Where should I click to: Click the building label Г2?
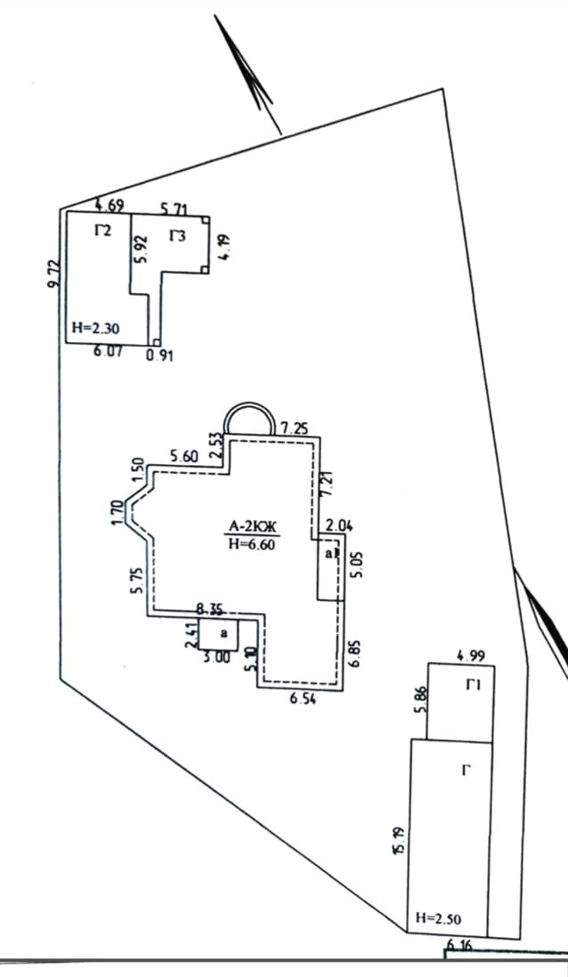point(102,232)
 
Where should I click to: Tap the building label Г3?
point(178,236)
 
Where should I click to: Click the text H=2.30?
point(95,329)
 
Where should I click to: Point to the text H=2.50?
point(438,918)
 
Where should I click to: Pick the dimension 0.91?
point(159,356)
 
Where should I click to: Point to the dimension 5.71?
point(174,209)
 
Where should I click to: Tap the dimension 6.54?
point(304,700)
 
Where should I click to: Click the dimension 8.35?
point(215,610)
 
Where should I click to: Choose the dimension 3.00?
point(216,657)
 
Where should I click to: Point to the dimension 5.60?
point(183,455)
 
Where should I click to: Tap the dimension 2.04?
point(338,526)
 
